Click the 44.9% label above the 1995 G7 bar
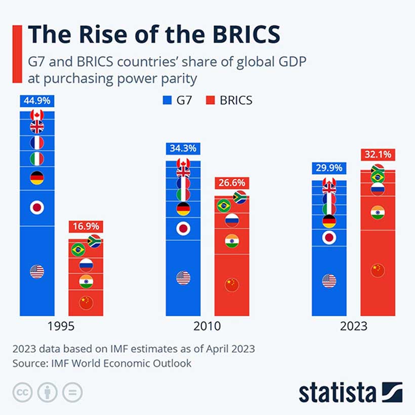coord(37,101)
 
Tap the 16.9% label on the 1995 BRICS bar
coord(86,226)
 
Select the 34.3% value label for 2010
coord(183,149)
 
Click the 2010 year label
coord(207,326)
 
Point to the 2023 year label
coord(353,326)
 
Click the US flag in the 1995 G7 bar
coord(37,272)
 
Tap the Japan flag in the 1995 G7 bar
coord(37,207)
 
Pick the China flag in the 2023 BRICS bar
coord(378,270)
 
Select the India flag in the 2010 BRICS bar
coord(231,241)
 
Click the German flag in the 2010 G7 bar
coord(183,209)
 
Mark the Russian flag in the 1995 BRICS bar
coord(86,265)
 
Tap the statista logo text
coord(337,393)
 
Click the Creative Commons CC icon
coord(22,392)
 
